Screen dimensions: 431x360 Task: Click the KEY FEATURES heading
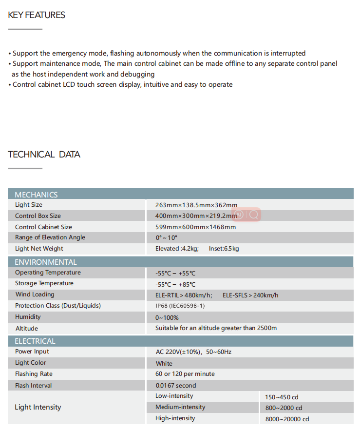coord(37,15)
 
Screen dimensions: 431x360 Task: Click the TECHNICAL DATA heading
coord(44,155)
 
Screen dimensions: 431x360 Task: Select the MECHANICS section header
coord(36,195)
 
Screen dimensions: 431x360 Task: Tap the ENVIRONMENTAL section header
coord(46,262)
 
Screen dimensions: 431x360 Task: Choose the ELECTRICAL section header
coord(35,341)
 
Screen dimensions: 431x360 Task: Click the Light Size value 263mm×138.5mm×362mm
coord(196,205)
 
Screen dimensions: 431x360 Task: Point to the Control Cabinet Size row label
coord(43,227)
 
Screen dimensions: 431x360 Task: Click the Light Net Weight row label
coord(39,249)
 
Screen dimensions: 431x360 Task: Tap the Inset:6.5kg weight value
coord(224,249)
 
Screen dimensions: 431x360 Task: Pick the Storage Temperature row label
coord(44,283)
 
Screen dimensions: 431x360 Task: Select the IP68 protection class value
coord(180,306)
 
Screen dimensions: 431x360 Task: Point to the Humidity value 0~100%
coord(167,317)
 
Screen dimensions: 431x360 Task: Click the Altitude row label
coord(26,329)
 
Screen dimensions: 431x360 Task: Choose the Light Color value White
coord(164,363)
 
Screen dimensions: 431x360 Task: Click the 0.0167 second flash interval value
coord(176,386)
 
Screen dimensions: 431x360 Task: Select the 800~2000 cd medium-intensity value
coord(284,408)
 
